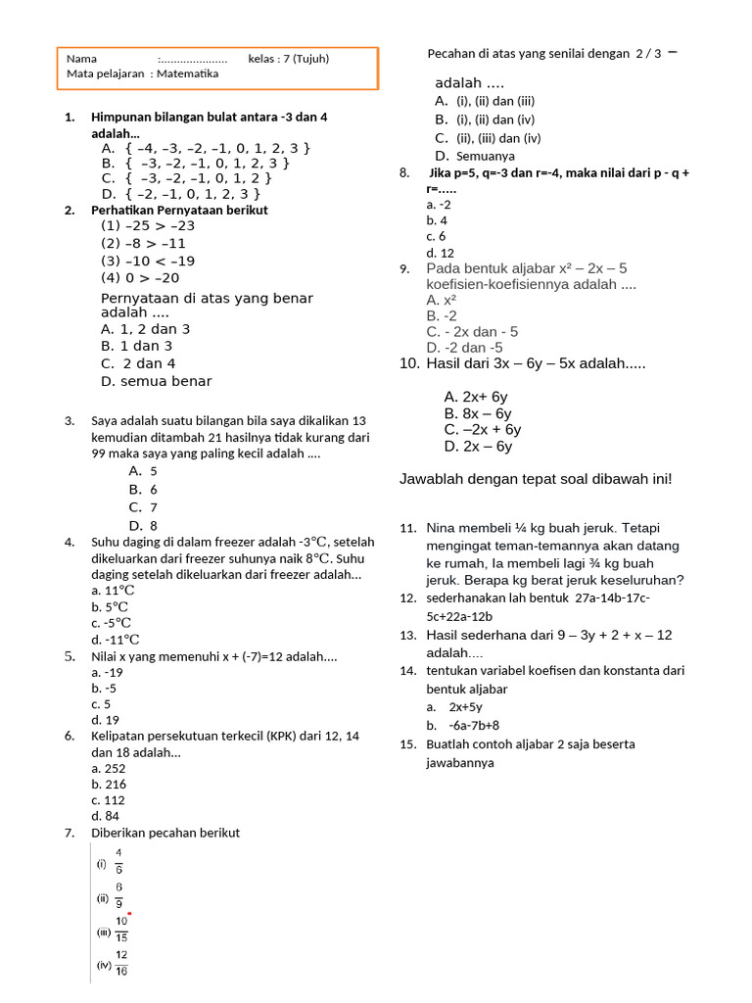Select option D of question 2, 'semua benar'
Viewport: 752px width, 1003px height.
click(156, 381)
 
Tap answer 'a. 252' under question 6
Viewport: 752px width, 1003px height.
click(109, 769)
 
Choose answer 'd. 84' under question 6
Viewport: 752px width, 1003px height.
click(106, 816)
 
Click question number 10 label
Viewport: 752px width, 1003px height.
click(409, 363)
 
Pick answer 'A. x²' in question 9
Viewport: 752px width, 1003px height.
click(442, 300)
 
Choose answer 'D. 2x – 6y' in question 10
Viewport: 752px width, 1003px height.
click(478, 447)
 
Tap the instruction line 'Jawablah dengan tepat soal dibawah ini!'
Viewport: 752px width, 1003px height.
click(536, 479)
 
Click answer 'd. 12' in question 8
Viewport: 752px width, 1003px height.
click(441, 253)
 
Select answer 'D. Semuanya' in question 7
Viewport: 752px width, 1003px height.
click(475, 156)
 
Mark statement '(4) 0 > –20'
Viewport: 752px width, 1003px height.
click(140, 278)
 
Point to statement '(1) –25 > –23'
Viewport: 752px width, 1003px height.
click(148, 225)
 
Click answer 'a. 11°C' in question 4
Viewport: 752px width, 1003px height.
click(113, 591)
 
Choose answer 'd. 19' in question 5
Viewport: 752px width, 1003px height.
click(106, 720)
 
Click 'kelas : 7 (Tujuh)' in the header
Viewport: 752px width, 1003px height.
click(289, 59)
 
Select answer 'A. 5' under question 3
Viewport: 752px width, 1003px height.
click(143, 471)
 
